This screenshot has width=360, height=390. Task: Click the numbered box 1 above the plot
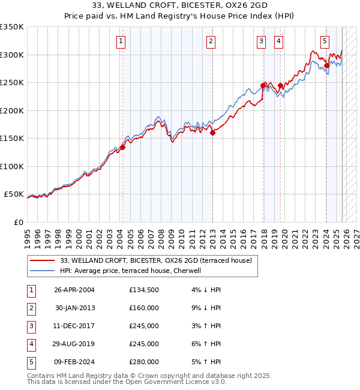(x=121, y=41)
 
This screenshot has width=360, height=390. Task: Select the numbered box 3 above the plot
(x=262, y=41)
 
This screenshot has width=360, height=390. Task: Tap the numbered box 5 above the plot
(x=325, y=41)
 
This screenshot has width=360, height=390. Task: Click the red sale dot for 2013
(x=212, y=133)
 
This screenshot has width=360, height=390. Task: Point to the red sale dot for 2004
(x=122, y=147)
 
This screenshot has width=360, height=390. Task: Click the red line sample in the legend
(x=42, y=260)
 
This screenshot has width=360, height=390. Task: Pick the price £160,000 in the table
(x=143, y=308)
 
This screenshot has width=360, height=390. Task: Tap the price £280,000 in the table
(x=143, y=362)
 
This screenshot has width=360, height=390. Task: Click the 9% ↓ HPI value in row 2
(x=206, y=308)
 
